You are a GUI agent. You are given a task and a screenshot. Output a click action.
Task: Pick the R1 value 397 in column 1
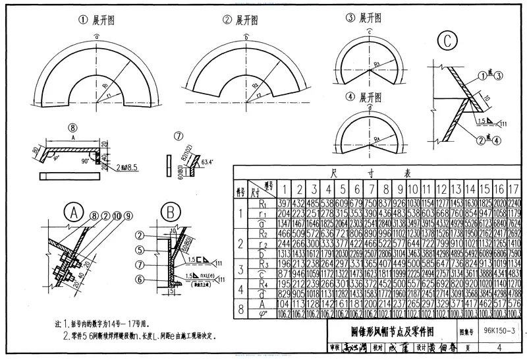point(283,202)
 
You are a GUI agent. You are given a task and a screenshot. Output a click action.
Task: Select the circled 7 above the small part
point(177,137)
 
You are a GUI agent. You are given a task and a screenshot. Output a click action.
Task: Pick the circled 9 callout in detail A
point(127,214)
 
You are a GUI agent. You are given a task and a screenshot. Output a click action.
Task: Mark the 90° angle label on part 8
point(84,160)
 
